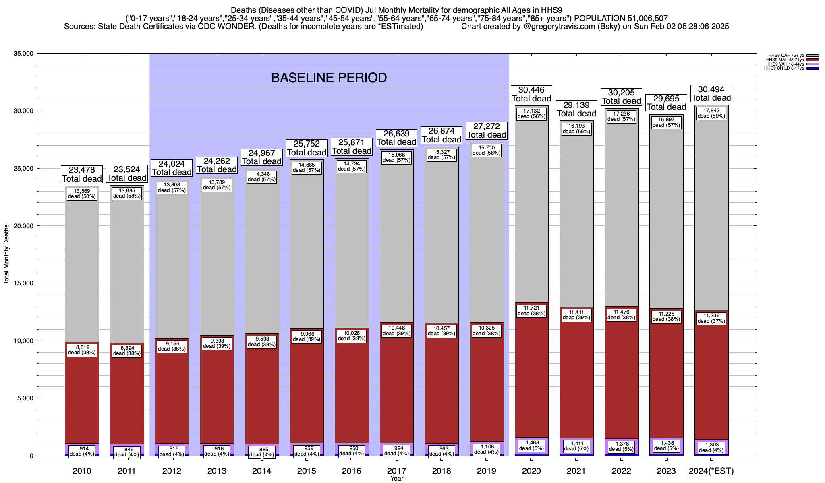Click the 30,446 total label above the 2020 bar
(x=531, y=94)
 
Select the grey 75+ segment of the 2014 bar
(x=262, y=258)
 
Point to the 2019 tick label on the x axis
(x=487, y=471)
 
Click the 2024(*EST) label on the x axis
(x=711, y=471)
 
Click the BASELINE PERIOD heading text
(x=329, y=78)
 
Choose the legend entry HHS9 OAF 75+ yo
(x=781, y=55)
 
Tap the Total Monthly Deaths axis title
(x=6, y=254)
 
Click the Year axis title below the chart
(x=397, y=479)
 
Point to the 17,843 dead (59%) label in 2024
(x=711, y=113)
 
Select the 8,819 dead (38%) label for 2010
(x=82, y=350)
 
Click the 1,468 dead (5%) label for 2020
(x=531, y=445)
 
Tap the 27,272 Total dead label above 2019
(x=487, y=130)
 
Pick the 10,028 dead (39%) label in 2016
(x=352, y=335)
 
